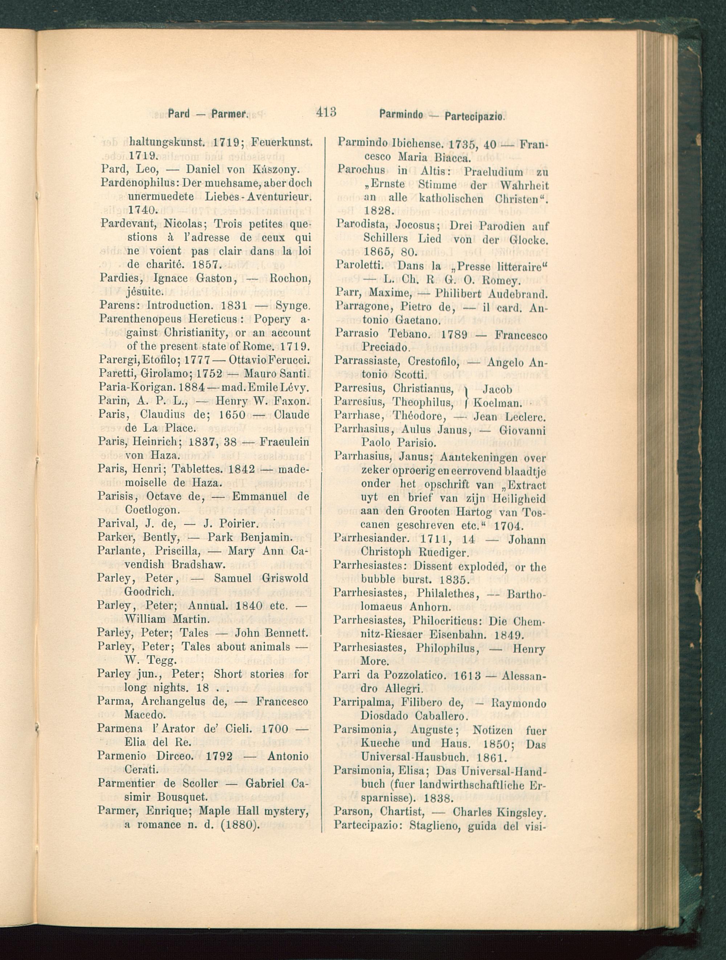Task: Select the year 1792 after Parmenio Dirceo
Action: (x=219, y=756)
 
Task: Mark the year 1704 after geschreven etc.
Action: (x=509, y=526)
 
